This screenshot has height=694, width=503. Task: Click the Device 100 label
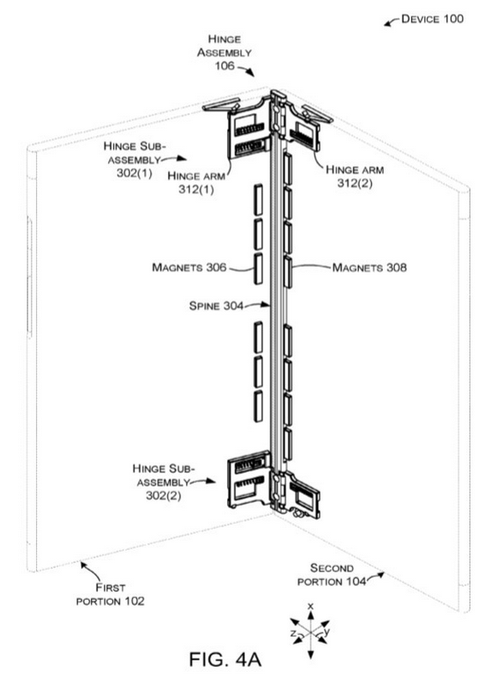(x=432, y=19)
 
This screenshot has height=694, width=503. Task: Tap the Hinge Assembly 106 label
(x=224, y=52)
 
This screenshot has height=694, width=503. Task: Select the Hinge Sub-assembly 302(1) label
(x=135, y=159)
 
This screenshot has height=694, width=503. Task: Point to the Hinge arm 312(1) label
(x=196, y=182)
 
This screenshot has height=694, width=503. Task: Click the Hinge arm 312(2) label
(x=355, y=176)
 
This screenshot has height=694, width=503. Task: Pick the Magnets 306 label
(x=189, y=267)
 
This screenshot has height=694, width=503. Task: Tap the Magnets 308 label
(x=369, y=267)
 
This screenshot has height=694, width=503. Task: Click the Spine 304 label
(x=216, y=305)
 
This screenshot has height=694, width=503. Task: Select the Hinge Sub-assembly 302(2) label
(x=164, y=482)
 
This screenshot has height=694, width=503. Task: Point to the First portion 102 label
(x=111, y=595)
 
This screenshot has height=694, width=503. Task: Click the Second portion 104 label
(x=332, y=575)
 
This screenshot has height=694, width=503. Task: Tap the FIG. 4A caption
(x=225, y=659)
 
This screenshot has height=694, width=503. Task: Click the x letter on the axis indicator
(x=310, y=606)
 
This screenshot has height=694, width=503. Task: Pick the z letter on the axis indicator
(x=293, y=634)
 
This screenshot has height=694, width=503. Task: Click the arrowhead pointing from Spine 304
(x=266, y=304)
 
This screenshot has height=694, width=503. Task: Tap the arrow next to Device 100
(x=392, y=22)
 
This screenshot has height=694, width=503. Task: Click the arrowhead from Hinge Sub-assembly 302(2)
(x=212, y=482)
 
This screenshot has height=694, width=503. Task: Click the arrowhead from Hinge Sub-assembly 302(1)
(x=182, y=158)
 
